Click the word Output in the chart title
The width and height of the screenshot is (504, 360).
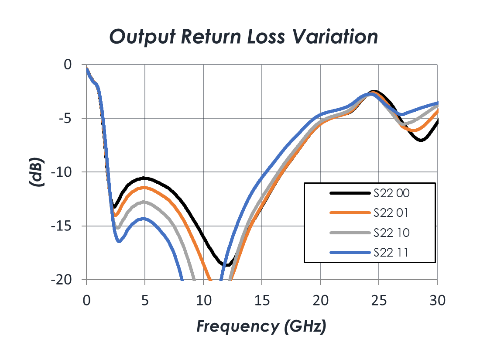143,36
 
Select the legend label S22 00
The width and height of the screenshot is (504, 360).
391,193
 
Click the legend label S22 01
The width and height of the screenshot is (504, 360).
391,213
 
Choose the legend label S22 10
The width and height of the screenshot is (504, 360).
391,233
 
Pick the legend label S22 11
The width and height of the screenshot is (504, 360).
391,253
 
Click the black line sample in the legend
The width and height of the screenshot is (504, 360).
350,193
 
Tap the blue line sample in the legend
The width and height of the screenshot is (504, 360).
350,253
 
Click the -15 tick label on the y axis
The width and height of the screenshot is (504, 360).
61,226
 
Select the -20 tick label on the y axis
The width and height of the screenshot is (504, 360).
61,280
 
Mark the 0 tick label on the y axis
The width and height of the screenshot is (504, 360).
68,65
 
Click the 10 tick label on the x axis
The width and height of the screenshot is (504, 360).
203,301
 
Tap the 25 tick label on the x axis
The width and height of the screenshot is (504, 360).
379,301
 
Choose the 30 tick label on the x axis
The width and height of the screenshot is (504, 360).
438,301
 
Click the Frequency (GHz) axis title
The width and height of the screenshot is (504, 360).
261,326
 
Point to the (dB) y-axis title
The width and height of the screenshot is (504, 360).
36,172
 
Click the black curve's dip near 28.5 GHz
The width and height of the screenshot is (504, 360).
421,140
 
